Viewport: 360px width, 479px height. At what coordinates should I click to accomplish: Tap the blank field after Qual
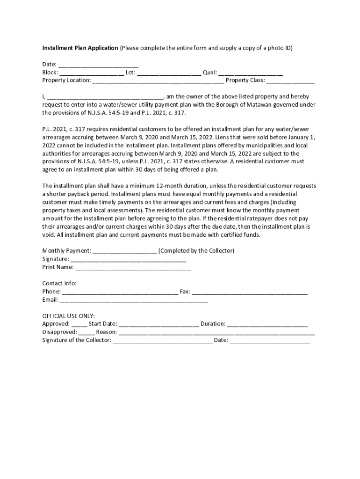pos(251,73)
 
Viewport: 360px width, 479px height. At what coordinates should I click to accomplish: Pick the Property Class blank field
pos(290,81)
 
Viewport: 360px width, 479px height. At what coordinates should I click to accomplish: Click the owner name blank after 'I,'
pos(105,97)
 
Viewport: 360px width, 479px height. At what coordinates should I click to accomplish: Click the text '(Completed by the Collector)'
pos(196,251)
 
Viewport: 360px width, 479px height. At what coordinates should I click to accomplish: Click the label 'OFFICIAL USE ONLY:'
pos(69,316)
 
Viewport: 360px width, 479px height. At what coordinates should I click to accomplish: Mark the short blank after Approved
pos(79,324)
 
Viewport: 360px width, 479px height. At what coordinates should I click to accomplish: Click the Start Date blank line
pos(159,324)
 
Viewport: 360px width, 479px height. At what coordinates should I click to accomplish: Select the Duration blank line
pos(267,324)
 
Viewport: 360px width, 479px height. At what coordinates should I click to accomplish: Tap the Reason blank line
pos(217,333)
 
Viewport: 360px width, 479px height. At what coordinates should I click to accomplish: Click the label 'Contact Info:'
pos(59,283)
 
